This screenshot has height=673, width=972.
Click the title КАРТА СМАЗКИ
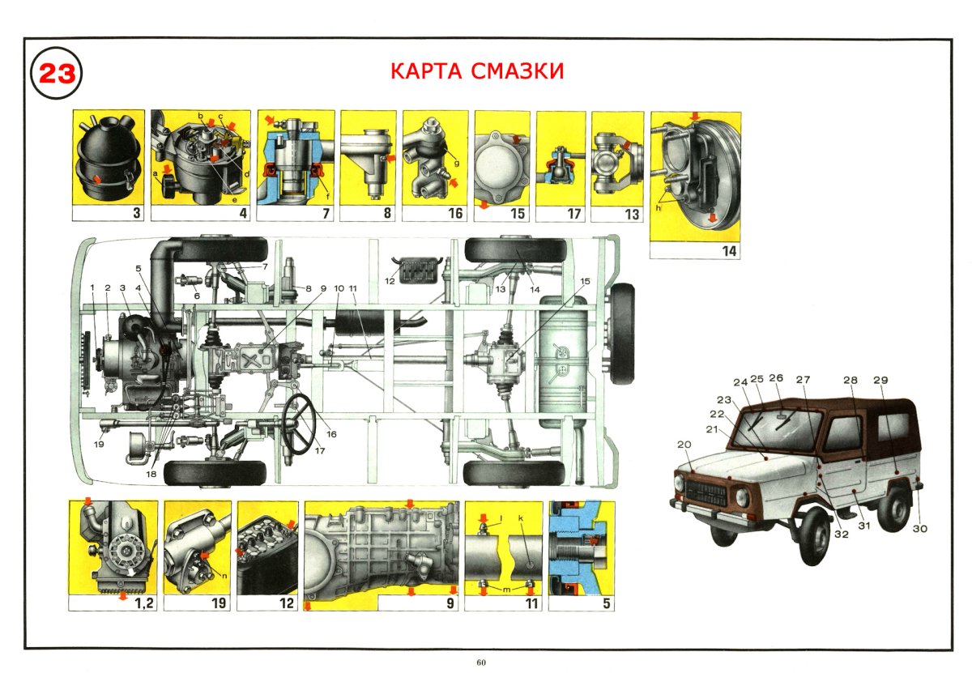point(476,71)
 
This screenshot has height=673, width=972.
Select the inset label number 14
point(729,251)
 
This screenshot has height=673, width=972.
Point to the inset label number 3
point(136,214)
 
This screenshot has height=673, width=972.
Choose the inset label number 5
point(606,603)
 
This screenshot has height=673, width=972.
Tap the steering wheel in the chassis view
point(299,423)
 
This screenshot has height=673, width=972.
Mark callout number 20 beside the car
point(684,445)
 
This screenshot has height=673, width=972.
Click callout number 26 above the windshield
point(776,378)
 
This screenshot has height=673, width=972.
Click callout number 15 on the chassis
point(585,281)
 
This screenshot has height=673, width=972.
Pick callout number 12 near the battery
point(390,281)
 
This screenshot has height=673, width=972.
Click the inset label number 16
point(456,214)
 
